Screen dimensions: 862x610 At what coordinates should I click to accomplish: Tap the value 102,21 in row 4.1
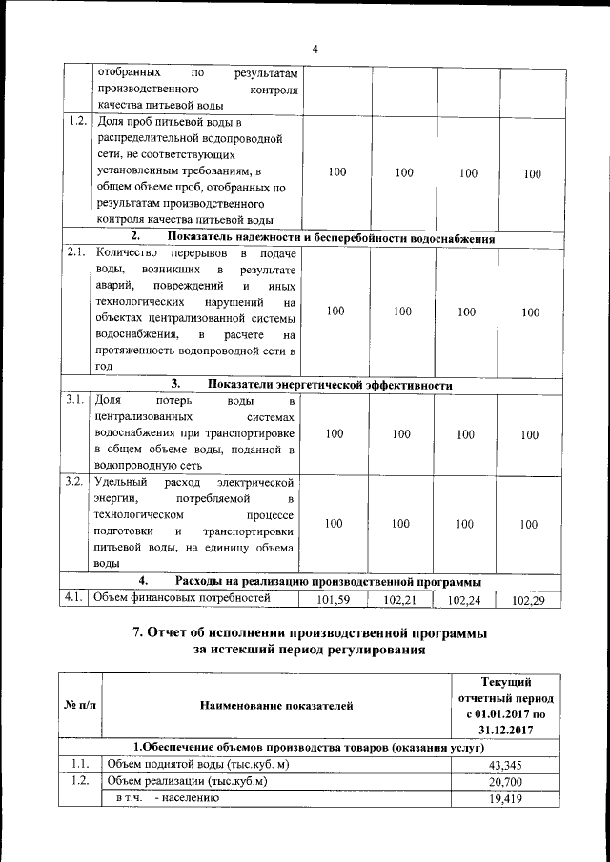402,601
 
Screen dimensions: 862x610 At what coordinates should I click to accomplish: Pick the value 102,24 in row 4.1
466,601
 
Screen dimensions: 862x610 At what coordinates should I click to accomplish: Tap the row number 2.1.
77,253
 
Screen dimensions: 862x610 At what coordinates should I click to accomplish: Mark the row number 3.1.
77,400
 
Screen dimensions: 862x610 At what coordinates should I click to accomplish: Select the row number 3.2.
77,481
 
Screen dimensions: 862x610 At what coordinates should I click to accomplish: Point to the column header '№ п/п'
79,706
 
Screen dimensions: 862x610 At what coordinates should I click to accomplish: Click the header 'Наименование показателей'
276,706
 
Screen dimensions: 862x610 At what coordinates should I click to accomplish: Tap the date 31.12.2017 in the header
506,730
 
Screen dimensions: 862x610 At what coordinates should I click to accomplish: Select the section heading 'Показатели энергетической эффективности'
330,385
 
